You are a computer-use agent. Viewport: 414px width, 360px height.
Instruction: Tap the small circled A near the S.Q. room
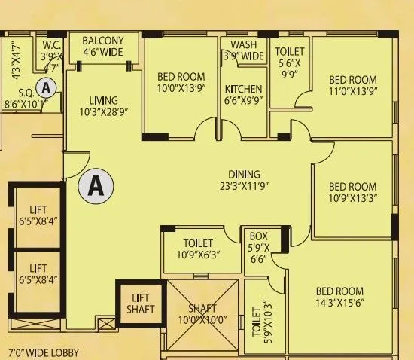point(47,87)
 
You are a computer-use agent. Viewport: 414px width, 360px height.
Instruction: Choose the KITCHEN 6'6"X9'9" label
point(244,95)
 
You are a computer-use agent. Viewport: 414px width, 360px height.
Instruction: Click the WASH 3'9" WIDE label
point(243,50)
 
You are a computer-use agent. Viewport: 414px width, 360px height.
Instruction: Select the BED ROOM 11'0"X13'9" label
point(352,85)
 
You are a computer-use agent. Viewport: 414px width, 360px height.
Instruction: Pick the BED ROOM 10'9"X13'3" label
point(352,193)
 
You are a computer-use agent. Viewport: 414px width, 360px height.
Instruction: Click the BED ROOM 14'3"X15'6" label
point(339,297)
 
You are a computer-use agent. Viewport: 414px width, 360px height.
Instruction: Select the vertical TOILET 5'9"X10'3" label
point(260,322)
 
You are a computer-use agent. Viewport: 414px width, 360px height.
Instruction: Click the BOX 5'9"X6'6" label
point(259,247)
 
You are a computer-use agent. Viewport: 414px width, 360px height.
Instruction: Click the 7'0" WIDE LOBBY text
point(43,352)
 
